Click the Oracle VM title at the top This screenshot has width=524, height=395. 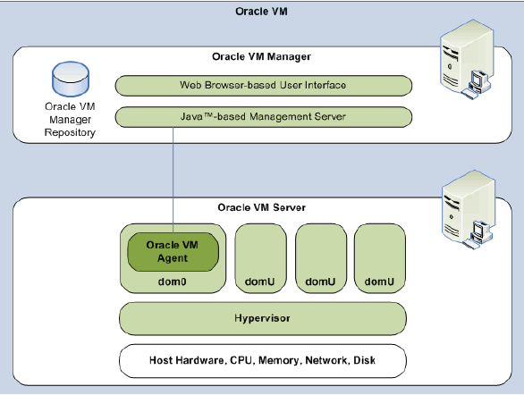(261, 12)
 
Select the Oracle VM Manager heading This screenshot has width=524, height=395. (261, 56)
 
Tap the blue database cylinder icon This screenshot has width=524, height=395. (71, 79)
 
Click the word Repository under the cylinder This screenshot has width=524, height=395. (70, 132)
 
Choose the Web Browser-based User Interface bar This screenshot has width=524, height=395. (263, 86)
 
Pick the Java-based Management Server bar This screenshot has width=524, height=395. (263, 117)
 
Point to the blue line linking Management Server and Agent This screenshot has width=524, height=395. (173, 180)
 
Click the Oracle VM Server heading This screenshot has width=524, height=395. (261, 207)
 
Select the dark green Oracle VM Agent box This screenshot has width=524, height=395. (173, 252)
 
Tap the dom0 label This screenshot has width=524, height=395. (172, 282)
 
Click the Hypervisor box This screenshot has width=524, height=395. (263, 318)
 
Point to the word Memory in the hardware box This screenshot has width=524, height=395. (279, 361)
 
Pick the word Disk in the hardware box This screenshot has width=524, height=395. (364, 360)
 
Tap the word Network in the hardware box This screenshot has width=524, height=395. (326, 361)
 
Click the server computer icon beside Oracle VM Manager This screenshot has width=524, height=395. (467, 60)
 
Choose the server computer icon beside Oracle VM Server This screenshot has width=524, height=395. (469, 210)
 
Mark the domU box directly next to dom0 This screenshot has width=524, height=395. (261, 258)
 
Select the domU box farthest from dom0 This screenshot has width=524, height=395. (380, 258)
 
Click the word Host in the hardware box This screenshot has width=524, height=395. (161, 360)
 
